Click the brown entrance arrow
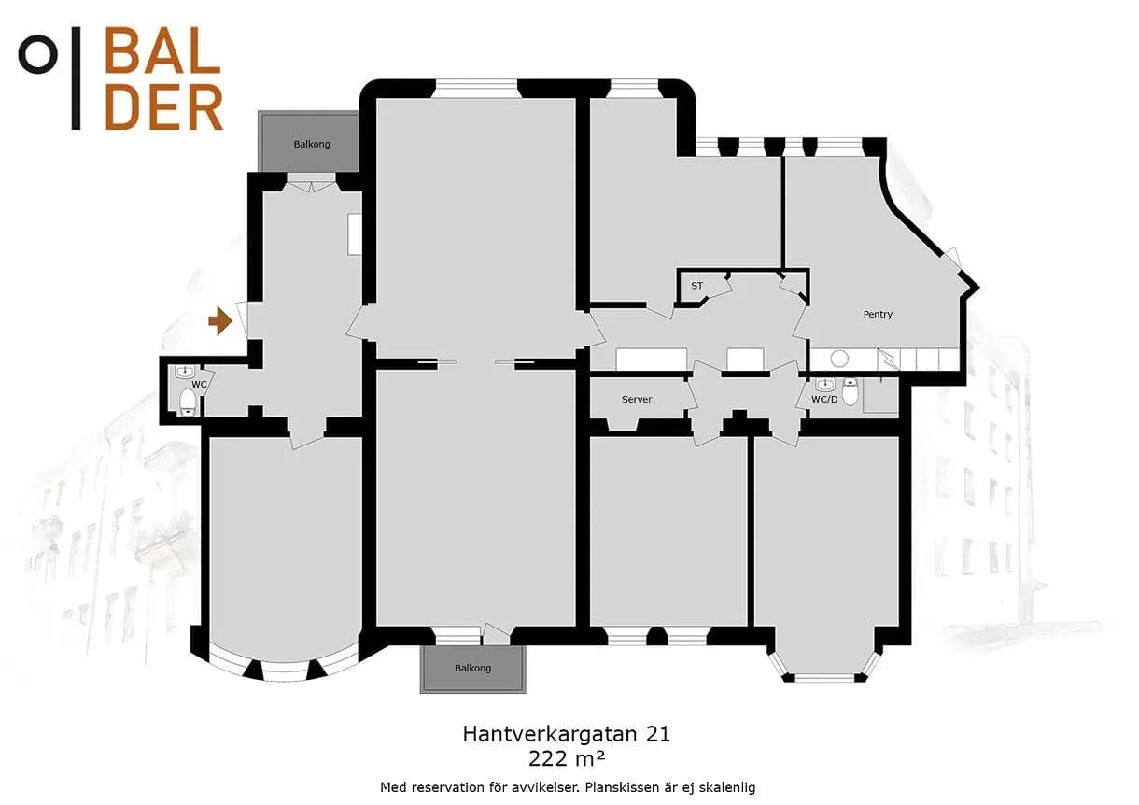click(x=220, y=321)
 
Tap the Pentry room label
click(x=878, y=315)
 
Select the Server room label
click(x=637, y=399)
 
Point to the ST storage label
click(x=696, y=286)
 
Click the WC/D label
click(x=824, y=399)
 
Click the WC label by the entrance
click(x=199, y=384)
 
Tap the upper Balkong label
click(x=312, y=145)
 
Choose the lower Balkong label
click(x=473, y=669)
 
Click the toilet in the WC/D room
click(x=850, y=391)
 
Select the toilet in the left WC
click(x=188, y=402)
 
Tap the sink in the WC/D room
click(x=824, y=385)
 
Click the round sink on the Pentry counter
click(x=839, y=359)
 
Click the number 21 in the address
click(x=658, y=734)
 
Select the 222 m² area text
click(x=567, y=759)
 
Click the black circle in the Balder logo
click(x=38, y=55)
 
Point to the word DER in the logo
click(x=164, y=107)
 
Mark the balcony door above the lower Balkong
click(x=497, y=634)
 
